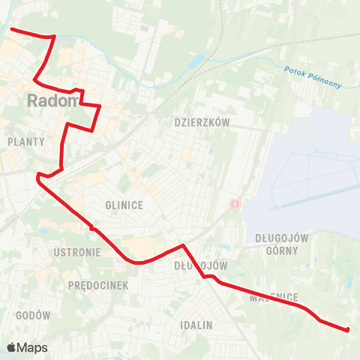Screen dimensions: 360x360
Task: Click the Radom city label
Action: click(52, 100)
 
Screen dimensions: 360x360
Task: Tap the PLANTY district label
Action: click(25, 142)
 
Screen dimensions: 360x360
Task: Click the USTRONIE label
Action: click(77, 253)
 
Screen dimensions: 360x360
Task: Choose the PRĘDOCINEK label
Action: click(98, 286)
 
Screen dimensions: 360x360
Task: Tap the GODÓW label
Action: click(32, 316)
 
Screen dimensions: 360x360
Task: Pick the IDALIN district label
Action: click(196, 325)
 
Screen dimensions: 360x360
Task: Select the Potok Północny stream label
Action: click(313, 77)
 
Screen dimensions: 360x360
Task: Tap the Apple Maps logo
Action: click(27, 347)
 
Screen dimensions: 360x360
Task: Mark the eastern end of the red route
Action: click(349, 329)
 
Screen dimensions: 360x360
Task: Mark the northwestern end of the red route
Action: click(10, 29)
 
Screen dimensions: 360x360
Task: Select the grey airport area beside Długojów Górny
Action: click(307, 172)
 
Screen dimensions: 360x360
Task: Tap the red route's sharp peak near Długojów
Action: click(182, 244)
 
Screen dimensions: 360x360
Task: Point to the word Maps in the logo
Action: click(34, 348)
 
